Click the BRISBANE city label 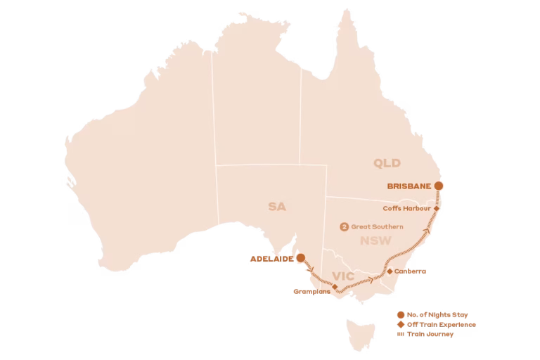409,186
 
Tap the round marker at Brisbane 439,186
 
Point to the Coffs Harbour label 407,208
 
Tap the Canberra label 411,271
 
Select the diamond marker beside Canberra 390,271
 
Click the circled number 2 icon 344,226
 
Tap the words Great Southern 377,226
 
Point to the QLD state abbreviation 387,164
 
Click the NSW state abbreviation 375,241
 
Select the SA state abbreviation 277,207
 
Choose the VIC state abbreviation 343,276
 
